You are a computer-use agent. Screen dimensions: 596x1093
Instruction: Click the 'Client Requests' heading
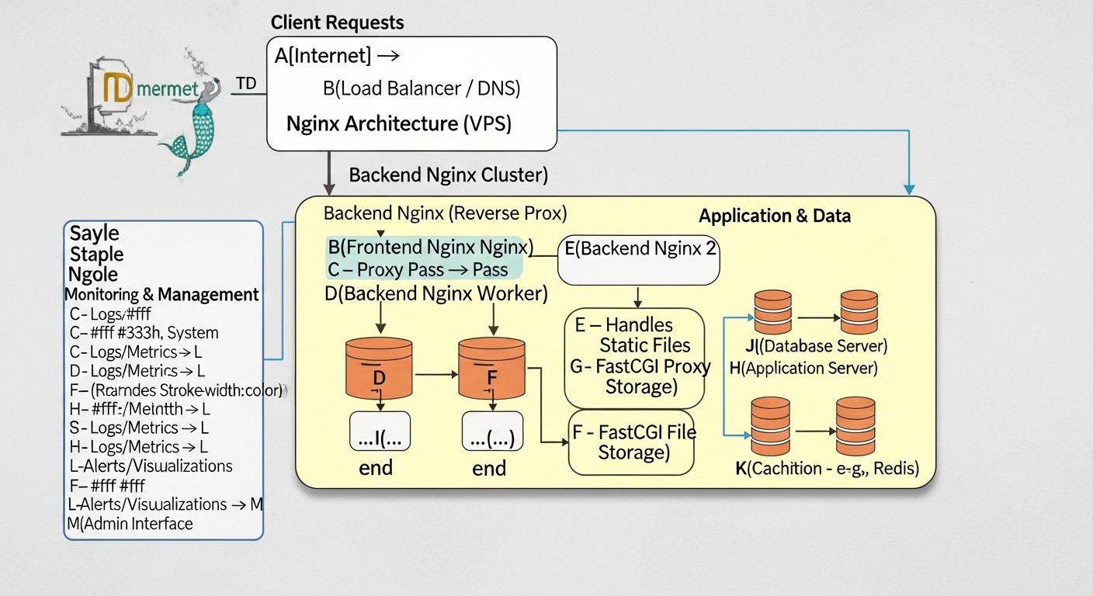coord(337,23)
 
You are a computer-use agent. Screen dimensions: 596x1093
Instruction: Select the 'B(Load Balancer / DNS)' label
coord(421,88)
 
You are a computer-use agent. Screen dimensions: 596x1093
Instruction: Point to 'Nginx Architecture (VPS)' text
coord(398,123)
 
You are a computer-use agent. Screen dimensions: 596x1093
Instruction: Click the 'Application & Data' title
coord(774,216)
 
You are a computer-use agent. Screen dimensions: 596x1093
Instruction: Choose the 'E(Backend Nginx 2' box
coord(639,259)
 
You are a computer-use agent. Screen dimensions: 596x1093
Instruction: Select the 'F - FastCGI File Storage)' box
coord(632,442)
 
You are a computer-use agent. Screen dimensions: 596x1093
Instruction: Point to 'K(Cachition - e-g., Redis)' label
coord(826,468)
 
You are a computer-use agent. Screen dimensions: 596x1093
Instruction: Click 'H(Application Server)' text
coord(803,369)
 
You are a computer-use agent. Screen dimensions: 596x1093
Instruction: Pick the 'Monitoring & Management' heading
coord(161,295)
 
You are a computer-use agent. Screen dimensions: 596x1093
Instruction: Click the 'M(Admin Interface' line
coord(130,524)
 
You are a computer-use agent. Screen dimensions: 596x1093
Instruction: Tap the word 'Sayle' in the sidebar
coord(95,233)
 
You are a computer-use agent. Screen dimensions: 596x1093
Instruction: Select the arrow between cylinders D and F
coord(435,374)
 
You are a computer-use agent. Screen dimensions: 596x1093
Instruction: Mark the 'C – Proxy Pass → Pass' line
coord(418,270)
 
